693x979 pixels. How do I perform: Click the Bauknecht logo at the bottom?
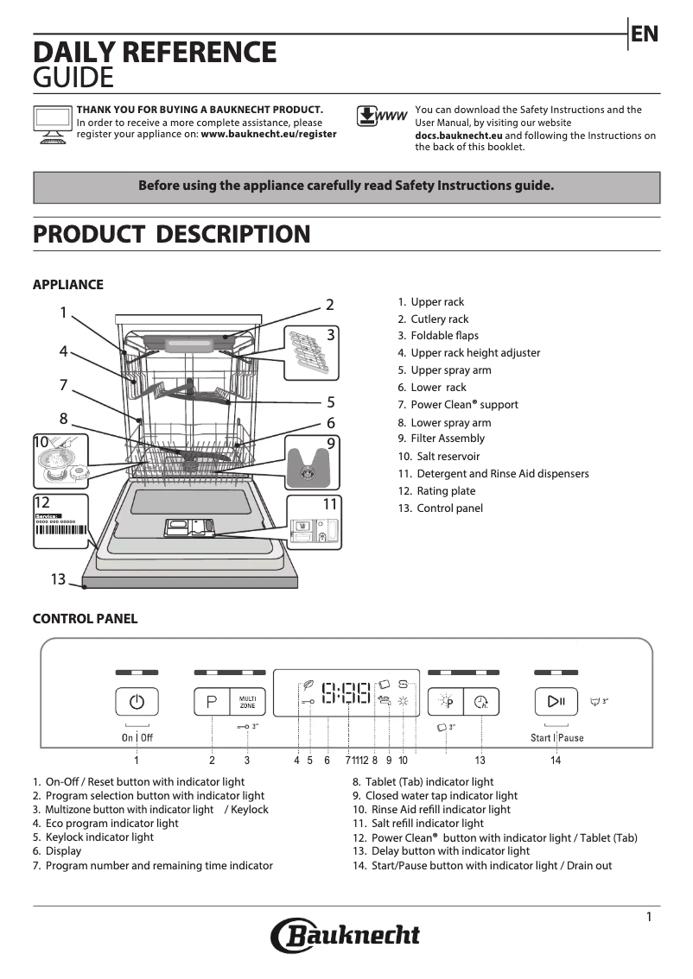point(346,935)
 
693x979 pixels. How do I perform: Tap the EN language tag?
point(645,34)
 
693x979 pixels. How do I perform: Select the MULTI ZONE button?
point(247,702)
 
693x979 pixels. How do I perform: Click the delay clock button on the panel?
point(481,702)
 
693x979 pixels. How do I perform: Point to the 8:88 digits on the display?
point(346,692)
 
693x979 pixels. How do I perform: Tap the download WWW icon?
point(381,117)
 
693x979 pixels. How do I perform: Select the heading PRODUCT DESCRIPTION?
point(171,234)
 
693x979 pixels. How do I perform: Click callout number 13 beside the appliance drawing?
point(58,579)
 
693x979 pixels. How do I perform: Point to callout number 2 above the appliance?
point(329,304)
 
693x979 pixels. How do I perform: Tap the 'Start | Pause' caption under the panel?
point(556,738)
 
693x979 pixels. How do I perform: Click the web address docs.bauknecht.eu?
point(458,136)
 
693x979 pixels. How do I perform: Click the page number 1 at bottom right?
point(649,918)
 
